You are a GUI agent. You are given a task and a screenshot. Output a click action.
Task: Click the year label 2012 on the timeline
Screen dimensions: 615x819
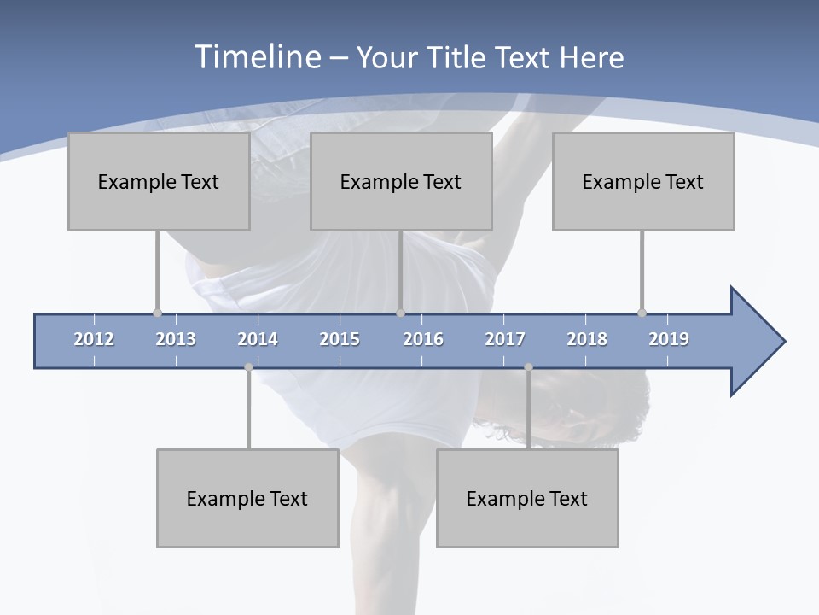(94, 339)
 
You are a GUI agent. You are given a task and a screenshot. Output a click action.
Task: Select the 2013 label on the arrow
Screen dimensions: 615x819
(176, 339)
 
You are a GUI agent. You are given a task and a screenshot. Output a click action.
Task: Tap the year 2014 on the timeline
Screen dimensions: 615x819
(258, 339)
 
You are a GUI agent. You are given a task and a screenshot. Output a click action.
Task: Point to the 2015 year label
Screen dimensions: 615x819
(340, 339)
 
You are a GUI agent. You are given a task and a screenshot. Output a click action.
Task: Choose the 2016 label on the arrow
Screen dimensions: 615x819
(423, 339)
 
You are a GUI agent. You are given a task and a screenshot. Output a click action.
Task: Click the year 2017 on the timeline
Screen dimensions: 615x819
(505, 339)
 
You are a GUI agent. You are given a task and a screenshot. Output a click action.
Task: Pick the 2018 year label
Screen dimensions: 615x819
(587, 339)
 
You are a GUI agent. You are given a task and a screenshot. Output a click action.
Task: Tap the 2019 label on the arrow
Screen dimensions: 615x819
(669, 339)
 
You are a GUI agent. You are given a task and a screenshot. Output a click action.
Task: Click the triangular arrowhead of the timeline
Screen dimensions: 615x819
(756, 342)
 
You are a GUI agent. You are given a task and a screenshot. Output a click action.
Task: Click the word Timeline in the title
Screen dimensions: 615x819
(257, 57)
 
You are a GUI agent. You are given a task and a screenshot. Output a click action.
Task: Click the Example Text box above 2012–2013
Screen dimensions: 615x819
(159, 181)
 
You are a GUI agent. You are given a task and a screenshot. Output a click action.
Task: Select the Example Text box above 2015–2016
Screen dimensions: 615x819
(401, 181)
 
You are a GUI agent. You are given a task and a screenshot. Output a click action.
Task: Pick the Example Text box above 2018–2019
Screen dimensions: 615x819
(643, 181)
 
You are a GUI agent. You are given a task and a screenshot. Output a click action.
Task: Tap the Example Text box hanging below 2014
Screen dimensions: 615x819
(247, 498)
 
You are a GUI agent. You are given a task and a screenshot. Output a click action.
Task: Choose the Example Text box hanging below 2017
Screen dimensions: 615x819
(527, 498)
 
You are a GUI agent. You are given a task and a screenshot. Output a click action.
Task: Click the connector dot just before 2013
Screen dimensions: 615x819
(157, 313)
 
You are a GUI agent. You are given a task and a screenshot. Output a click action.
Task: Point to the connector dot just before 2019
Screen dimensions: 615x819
(642, 313)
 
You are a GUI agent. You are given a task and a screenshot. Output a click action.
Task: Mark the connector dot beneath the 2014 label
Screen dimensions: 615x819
(248, 367)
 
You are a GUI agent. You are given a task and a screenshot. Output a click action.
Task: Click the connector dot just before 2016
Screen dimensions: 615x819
(400, 313)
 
